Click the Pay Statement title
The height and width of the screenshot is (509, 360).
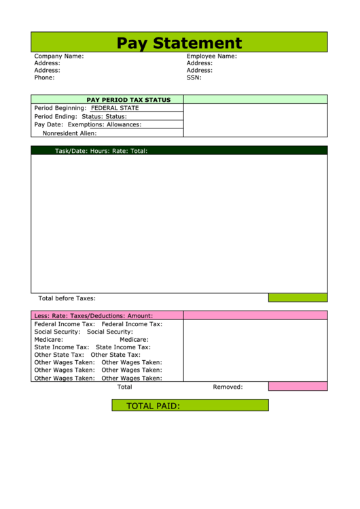click(x=179, y=43)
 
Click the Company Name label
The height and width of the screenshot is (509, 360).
click(x=59, y=56)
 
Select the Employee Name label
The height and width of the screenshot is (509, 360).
click(x=212, y=56)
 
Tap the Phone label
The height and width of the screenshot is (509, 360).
click(x=45, y=77)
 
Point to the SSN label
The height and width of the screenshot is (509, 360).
click(x=194, y=77)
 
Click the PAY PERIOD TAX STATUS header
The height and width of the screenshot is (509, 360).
click(x=128, y=100)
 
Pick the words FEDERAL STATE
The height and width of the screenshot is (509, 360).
click(x=115, y=108)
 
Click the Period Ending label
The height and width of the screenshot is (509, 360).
click(x=56, y=116)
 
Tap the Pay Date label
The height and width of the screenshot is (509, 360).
click(x=48, y=124)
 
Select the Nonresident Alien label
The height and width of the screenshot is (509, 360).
click(x=70, y=133)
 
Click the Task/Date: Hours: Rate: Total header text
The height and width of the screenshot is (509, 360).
click(x=101, y=151)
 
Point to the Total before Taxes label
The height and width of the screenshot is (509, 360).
click(x=67, y=298)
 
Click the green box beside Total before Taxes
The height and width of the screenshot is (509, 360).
click(x=298, y=298)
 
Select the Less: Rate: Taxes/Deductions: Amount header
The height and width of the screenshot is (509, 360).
click(x=94, y=315)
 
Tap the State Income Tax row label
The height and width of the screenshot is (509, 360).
click(x=62, y=347)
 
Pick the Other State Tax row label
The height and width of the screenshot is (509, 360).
click(x=59, y=355)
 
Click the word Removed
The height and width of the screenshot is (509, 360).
click(x=228, y=387)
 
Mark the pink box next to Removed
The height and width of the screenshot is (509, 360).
click(x=298, y=387)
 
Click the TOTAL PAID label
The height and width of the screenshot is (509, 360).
click(x=153, y=406)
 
